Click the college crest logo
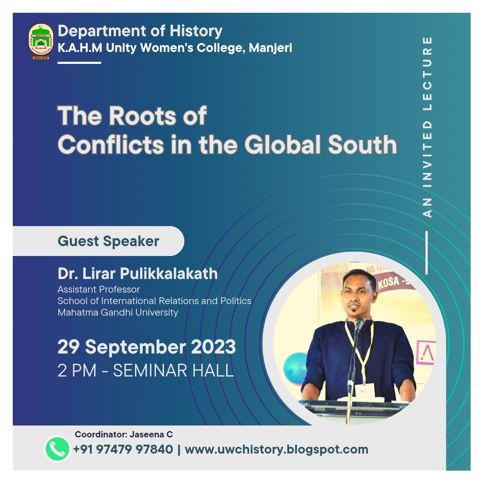point(41,41)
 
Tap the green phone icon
point(57,449)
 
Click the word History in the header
point(196,32)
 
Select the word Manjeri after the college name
point(270,49)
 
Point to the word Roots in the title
point(142,116)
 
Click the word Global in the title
point(283,144)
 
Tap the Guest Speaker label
point(109,241)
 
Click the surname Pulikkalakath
point(169,273)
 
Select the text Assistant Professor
point(98,290)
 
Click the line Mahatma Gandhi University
point(118,312)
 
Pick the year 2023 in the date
point(213,347)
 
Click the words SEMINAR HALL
point(173,370)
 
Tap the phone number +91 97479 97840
point(123,449)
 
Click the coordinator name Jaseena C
point(151,434)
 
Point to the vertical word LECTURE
point(428,74)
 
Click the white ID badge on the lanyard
point(365,390)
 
